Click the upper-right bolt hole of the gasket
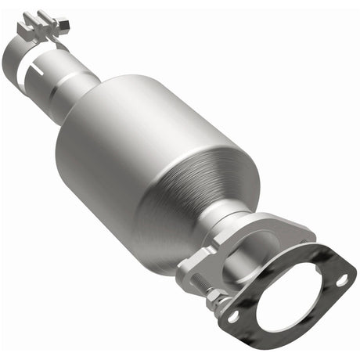[342, 279]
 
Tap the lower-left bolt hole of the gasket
[232, 315]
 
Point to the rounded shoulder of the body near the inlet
[102, 102]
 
